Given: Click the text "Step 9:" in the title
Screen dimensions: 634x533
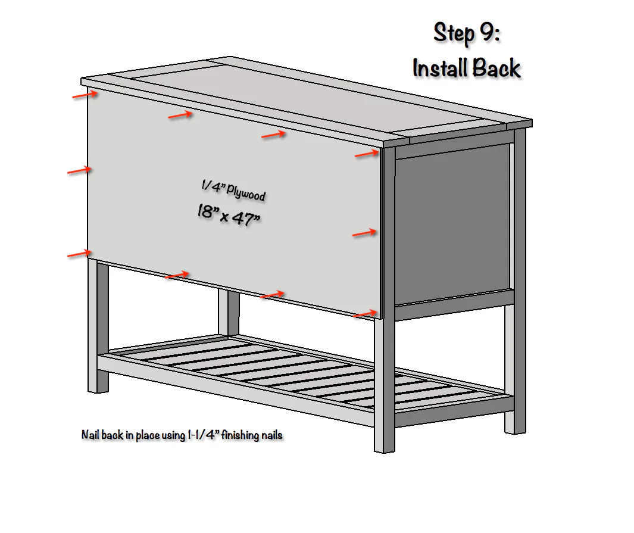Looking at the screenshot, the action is (x=467, y=33).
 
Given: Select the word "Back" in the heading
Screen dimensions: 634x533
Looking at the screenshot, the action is (x=496, y=68).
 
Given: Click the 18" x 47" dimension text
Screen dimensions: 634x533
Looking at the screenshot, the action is (x=229, y=215).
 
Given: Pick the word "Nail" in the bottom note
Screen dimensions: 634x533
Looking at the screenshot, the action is (x=90, y=435).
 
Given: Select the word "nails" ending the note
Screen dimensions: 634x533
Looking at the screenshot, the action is (x=272, y=435).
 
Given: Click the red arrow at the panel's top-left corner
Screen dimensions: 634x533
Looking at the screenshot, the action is (x=85, y=95).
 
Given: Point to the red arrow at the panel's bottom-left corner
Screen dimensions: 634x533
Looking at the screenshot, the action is (x=79, y=254).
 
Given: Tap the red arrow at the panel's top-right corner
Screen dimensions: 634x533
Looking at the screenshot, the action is (x=367, y=154).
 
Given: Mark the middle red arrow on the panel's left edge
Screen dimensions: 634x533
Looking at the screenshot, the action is (x=79, y=170).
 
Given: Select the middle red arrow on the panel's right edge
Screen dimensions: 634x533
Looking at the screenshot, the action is (x=365, y=233).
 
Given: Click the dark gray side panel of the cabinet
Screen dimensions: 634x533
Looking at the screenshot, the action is (x=452, y=224).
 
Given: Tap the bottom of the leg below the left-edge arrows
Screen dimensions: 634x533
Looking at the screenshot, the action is (x=98, y=386).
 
